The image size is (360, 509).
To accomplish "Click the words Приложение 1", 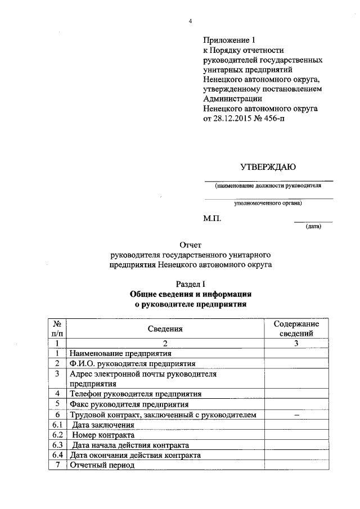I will (229, 40).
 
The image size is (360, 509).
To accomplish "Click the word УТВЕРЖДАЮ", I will (268, 167).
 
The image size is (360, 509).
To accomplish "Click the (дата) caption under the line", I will (313, 227).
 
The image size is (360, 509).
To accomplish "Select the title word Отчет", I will (190, 245).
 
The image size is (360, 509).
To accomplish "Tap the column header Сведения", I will (165, 329).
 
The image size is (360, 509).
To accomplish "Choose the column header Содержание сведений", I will (296, 329).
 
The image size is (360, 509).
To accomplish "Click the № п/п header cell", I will (57, 329).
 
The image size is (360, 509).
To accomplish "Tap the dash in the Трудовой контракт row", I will (296, 415).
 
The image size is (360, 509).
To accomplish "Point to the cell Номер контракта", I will (104, 435).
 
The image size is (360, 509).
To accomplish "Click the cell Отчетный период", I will (102, 466).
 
